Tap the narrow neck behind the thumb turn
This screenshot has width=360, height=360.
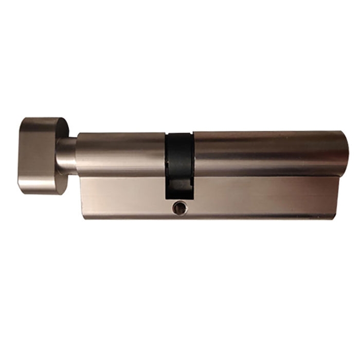(x=66, y=154)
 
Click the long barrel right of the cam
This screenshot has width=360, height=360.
(x=267, y=153)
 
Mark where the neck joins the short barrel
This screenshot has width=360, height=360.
(x=77, y=154)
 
